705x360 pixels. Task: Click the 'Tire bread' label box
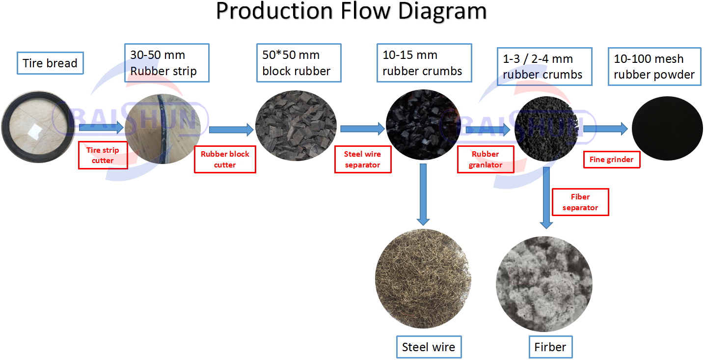pyautogui.click(x=50, y=63)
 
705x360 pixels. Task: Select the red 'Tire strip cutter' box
pyautogui.click(x=103, y=155)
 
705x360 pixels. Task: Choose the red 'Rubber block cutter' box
pyautogui.click(x=225, y=159)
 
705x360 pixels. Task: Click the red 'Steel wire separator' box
pyautogui.click(x=362, y=160)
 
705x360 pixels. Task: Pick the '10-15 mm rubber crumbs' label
pyautogui.click(x=424, y=63)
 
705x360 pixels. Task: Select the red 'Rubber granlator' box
pyautogui.click(x=485, y=160)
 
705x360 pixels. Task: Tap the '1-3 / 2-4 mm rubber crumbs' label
pyautogui.click(x=543, y=67)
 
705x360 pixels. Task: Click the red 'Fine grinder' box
pyautogui.click(x=611, y=160)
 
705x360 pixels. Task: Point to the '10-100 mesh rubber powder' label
pyautogui.click(x=654, y=67)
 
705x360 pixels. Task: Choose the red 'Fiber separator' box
pyautogui.click(x=580, y=202)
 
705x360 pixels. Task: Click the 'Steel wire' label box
pyautogui.click(x=429, y=347)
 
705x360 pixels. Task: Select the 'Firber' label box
pyautogui.click(x=550, y=347)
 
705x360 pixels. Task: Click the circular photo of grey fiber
pyautogui.click(x=544, y=283)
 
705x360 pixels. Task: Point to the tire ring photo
pyautogui.click(x=38, y=130)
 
